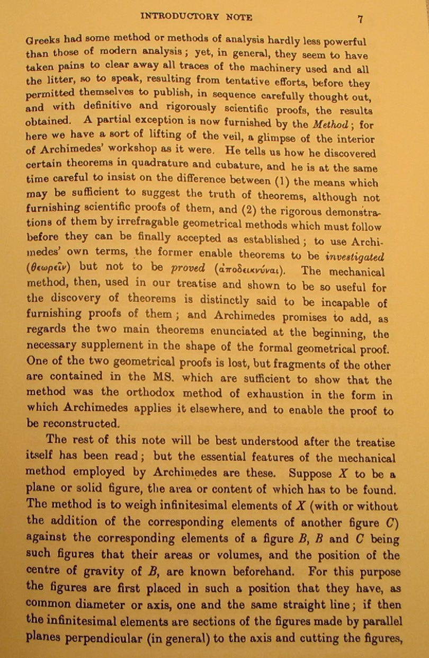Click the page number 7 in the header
click(360, 19)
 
